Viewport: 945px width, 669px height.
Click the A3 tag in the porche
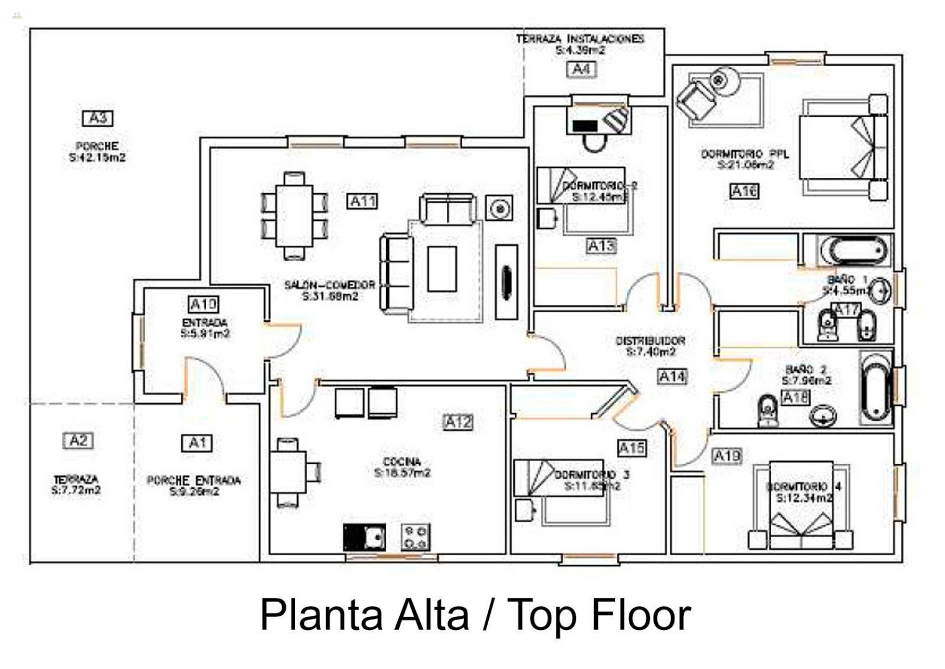click(98, 118)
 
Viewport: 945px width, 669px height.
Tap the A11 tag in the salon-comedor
click(363, 201)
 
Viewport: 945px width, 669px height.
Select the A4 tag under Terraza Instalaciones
click(581, 69)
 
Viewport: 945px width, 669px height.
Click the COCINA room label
click(402, 461)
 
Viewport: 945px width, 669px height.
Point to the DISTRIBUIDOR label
click(650, 341)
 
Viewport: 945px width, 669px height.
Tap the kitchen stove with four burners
click(415, 537)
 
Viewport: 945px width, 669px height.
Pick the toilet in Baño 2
click(767, 411)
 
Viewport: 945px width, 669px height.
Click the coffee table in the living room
click(442, 269)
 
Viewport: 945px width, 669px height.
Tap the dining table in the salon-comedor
click(294, 214)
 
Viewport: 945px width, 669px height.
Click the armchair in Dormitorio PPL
click(696, 100)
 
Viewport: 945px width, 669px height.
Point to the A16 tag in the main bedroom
click(744, 191)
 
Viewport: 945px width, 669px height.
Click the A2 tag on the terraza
click(79, 440)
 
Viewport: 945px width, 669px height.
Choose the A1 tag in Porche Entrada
click(197, 443)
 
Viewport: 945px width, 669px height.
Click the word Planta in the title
click(322, 615)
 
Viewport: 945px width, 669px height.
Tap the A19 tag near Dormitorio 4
click(727, 457)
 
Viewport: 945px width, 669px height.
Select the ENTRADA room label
click(205, 323)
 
